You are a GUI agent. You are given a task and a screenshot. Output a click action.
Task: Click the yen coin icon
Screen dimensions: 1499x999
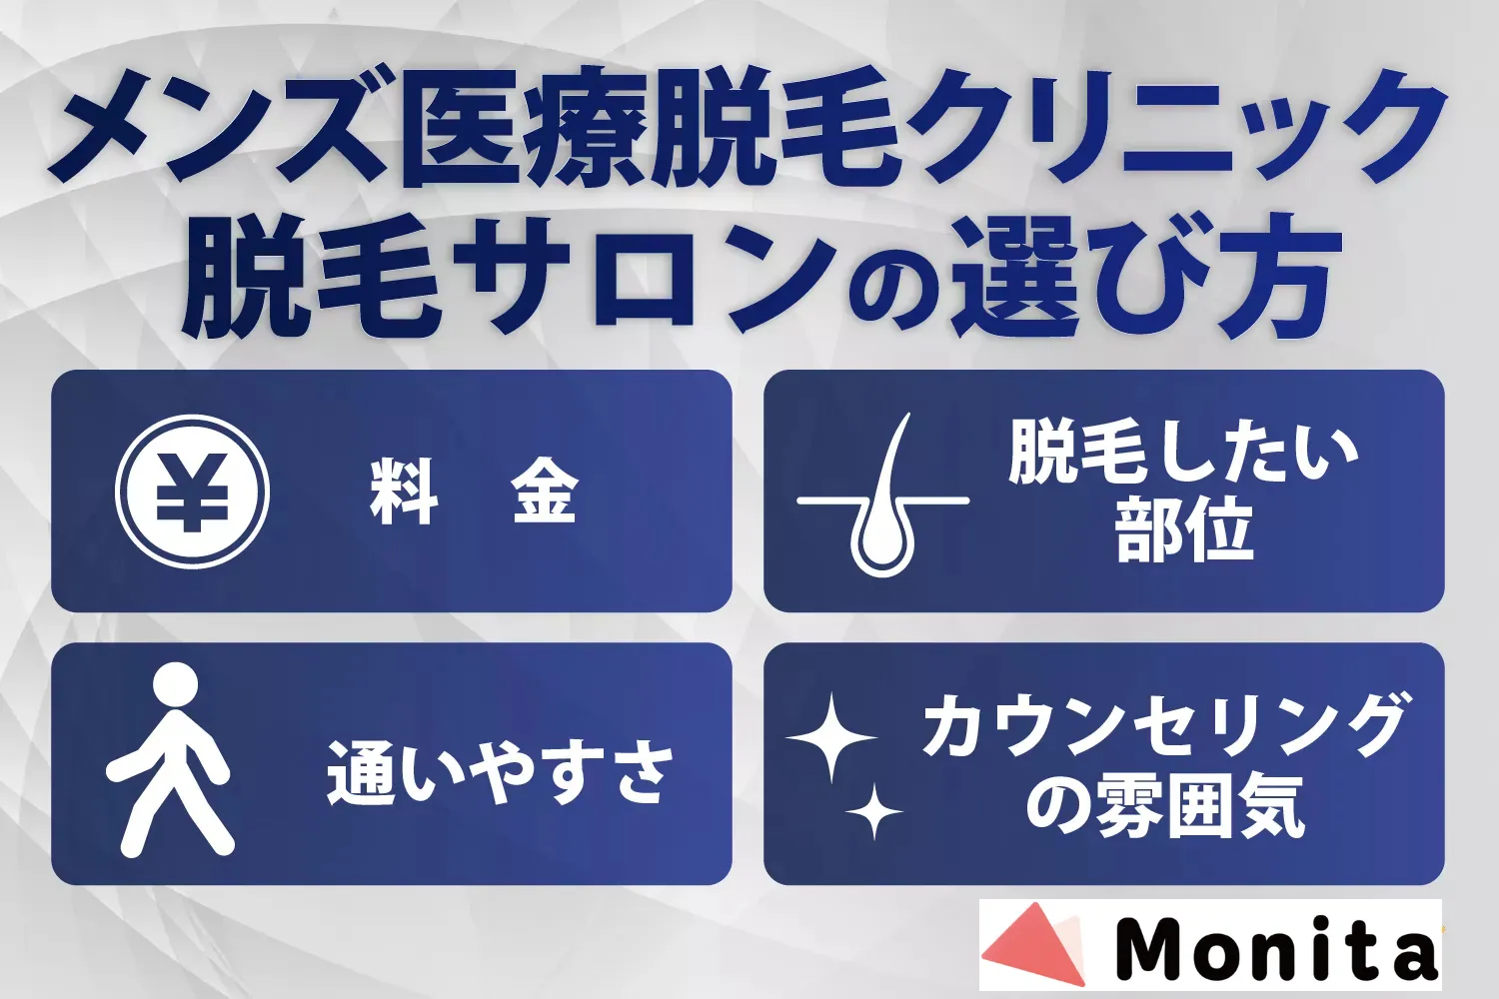192,492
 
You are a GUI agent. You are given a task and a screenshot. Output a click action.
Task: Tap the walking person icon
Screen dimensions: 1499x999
170,759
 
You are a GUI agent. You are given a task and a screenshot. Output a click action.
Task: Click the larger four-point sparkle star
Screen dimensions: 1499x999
831,737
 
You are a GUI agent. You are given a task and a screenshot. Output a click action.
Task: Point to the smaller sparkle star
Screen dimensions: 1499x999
874,811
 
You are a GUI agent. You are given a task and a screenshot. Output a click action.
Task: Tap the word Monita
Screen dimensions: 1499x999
1275,946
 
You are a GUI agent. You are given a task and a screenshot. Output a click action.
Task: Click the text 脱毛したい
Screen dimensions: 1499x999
1183,455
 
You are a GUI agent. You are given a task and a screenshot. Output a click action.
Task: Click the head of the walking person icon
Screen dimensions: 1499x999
175,684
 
